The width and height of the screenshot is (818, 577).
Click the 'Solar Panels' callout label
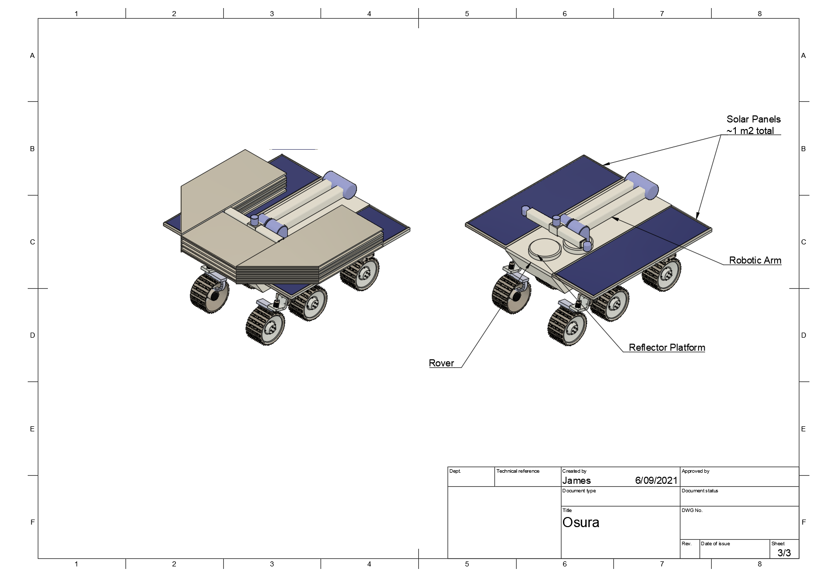753,119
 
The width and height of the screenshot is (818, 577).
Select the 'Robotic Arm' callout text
754,261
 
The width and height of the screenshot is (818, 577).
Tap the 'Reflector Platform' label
666,348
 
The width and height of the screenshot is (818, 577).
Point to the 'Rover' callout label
441,363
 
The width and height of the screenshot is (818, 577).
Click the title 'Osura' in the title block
581,523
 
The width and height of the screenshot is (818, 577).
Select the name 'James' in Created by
576,481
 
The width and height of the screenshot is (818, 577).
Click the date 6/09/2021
656,481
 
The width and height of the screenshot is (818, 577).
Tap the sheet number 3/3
784,553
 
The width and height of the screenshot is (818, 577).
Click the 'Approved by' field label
695,471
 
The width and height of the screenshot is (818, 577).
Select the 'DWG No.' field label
691,510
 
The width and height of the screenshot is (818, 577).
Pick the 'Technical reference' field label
518,471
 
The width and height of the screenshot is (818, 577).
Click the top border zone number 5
467,14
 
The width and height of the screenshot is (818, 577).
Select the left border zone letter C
32,242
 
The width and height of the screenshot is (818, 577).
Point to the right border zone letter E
803,429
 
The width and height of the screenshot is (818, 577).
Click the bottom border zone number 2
174,564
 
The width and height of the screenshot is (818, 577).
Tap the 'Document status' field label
700,491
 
